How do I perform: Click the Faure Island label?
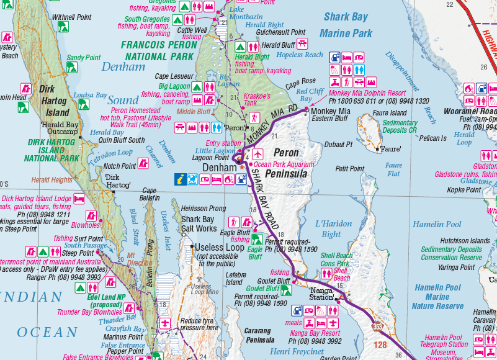390,113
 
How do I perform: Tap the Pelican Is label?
433,138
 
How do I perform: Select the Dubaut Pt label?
338,144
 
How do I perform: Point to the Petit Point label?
349,168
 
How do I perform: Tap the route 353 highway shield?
377,325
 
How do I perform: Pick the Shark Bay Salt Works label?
198,223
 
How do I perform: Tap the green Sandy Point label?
83,58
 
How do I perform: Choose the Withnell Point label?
71,17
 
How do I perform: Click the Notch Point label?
119,166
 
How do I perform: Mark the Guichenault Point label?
280,32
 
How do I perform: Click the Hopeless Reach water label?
300,55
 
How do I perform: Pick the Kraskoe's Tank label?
257,99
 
